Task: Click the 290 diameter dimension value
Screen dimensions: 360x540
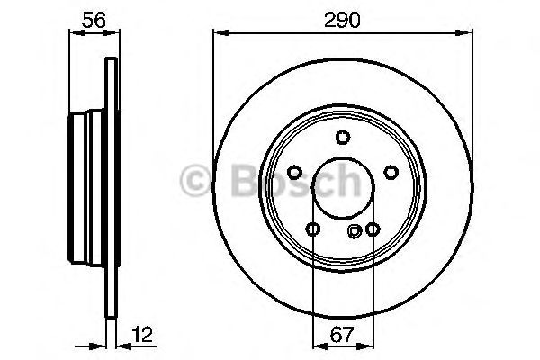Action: point(342,19)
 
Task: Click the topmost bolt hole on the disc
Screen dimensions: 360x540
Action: point(343,137)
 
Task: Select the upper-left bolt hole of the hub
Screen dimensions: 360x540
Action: point(294,173)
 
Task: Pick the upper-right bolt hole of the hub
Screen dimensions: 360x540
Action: point(391,173)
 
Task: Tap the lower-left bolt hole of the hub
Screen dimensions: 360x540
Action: point(312,229)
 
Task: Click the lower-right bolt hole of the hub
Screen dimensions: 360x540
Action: point(372,229)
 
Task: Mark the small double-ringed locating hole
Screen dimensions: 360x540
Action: point(355,230)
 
